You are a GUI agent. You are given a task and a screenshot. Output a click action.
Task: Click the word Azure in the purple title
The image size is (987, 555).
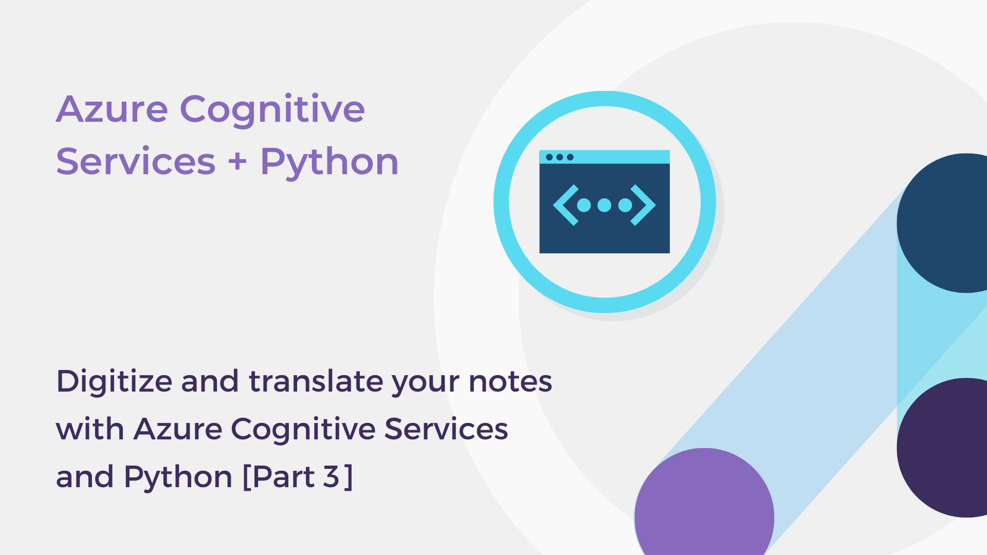[x=112, y=109]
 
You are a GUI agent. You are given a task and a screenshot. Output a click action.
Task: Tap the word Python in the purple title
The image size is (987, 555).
[x=329, y=162]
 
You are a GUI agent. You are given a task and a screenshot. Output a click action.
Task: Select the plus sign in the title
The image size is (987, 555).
[x=237, y=162]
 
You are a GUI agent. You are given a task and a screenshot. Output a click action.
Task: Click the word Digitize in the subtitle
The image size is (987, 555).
[x=114, y=382]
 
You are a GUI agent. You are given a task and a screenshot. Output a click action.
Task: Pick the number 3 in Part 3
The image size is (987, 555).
[x=332, y=477]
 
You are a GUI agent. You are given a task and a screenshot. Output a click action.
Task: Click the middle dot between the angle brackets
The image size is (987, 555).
[x=605, y=205]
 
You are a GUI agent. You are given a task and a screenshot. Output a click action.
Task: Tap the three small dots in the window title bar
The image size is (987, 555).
[x=559, y=157]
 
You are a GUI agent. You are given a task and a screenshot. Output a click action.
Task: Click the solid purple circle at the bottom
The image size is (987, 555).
[x=704, y=509]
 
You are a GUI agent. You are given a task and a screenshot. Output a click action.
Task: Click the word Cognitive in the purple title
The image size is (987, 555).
[x=272, y=109]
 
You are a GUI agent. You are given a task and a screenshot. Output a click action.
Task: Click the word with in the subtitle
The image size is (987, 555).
[x=90, y=429]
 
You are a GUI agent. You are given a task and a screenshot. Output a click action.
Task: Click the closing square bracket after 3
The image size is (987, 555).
[x=349, y=477]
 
